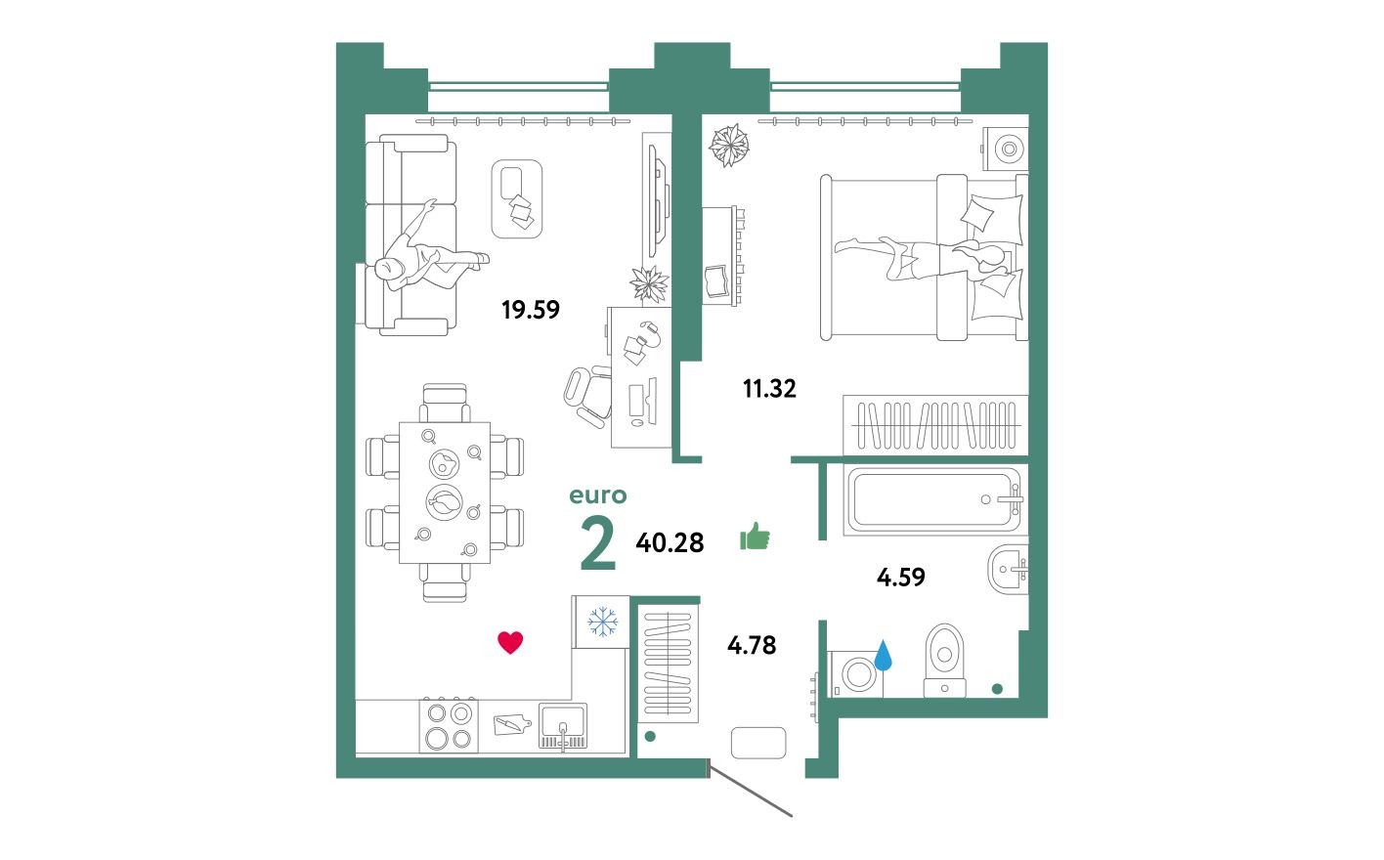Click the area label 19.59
point(530,310)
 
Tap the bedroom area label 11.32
point(769,389)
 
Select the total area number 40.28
point(670,542)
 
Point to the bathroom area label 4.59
point(900,578)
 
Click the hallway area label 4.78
point(752,645)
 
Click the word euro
point(597,495)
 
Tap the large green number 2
point(597,544)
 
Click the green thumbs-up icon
point(755,536)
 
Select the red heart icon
point(510,642)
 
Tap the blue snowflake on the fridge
point(602,622)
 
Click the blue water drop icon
point(884,655)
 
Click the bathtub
point(932,500)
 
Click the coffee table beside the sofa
point(517,198)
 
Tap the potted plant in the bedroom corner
point(728,146)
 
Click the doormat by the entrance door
point(757,743)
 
